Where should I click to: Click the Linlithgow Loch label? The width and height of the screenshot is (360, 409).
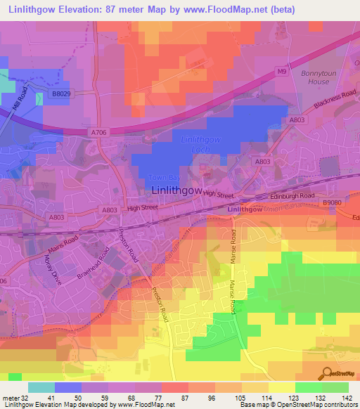coord(201,144)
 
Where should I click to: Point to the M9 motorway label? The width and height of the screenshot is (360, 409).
coord(281,71)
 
